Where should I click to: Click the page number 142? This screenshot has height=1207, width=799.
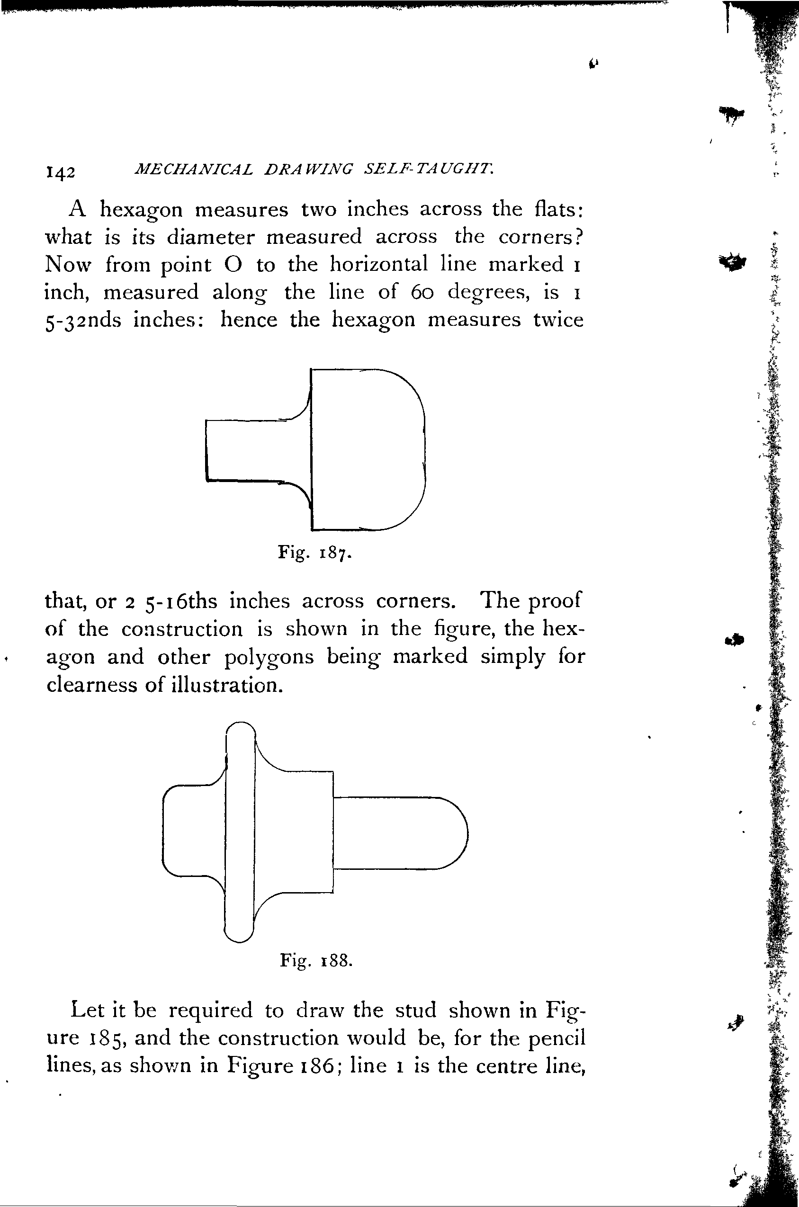click(x=61, y=172)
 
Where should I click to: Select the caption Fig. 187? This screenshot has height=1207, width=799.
click(x=314, y=552)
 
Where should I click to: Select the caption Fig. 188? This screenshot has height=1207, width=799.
click(x=316, y=960)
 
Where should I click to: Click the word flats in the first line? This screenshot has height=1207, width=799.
click(x=558, y=209)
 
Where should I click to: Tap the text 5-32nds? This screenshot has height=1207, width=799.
click(x=83, y=321)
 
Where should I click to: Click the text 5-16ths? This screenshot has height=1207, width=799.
click(x=181, y=601)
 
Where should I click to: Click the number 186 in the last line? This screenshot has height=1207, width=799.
click(x=315, y=1065)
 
